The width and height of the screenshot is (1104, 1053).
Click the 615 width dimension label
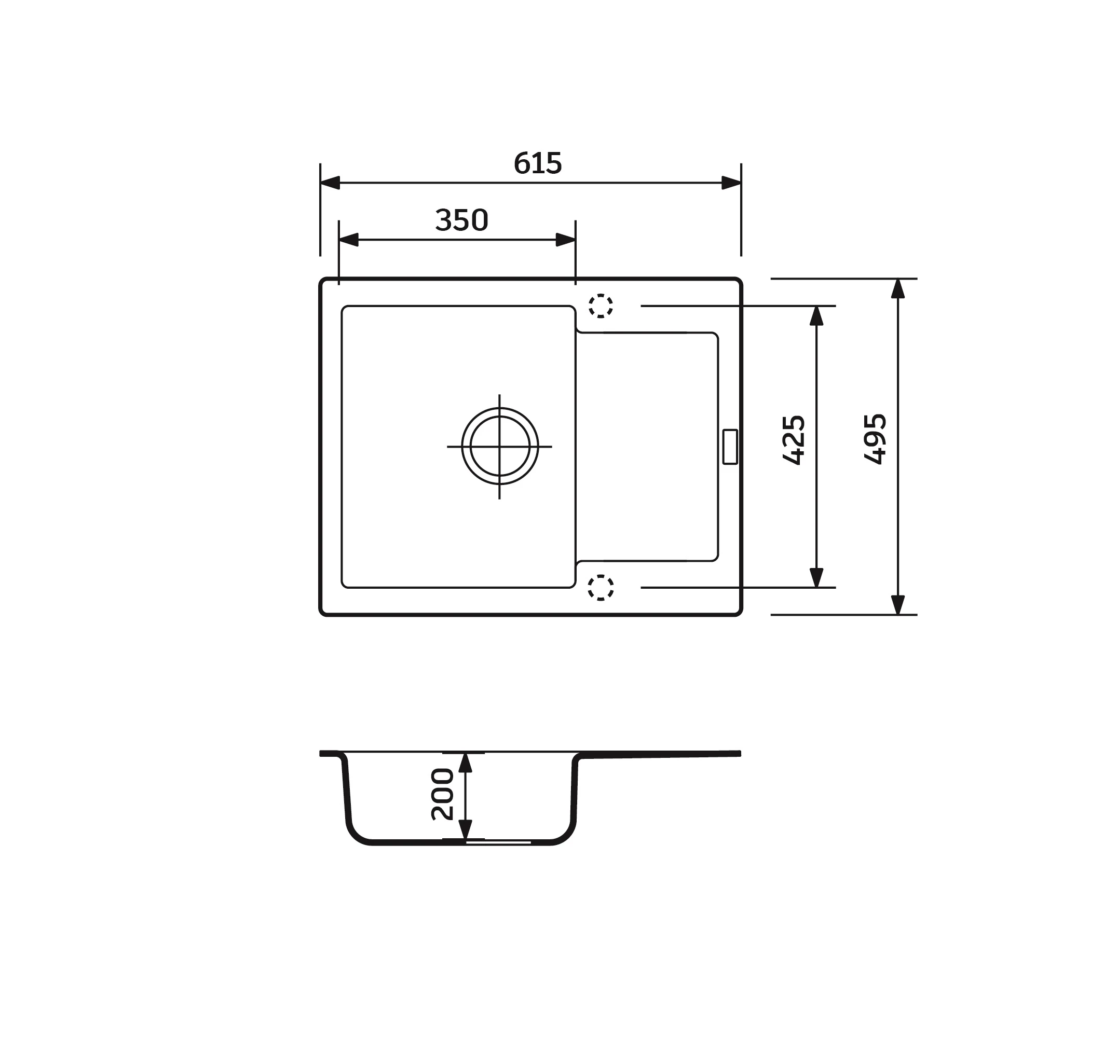click(537, 163)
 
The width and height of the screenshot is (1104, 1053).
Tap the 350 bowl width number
click(461, 220)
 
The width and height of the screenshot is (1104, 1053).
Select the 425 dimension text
click(794, 440)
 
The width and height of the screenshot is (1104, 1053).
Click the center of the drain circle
click(499, 446)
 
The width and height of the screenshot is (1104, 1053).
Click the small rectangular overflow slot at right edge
click(729, 447)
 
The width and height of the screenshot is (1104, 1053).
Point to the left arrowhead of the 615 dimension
click(330, 183)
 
